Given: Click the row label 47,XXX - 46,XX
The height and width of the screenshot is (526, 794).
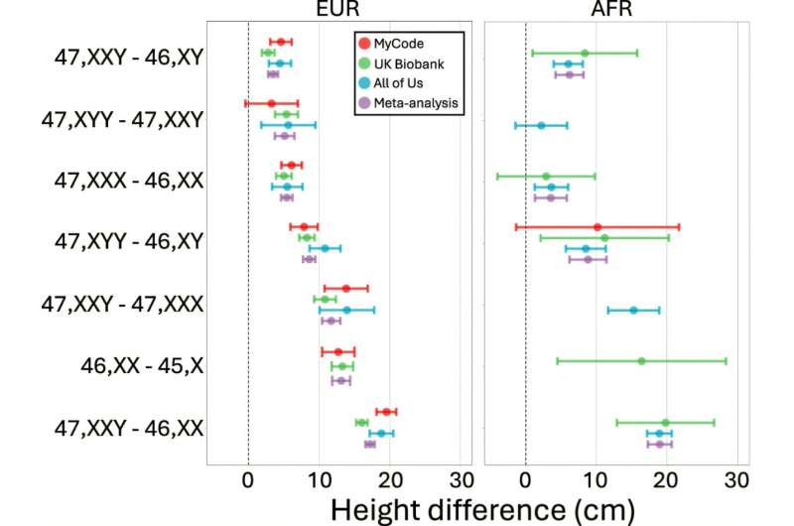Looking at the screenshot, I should pyautogui.click(x=129, y=181).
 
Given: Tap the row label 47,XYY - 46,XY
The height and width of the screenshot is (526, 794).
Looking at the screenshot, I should pyautogui.click(x=129, y=242).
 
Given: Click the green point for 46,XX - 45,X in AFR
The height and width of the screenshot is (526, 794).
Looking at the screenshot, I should pyautogui.click(x=641, y=360).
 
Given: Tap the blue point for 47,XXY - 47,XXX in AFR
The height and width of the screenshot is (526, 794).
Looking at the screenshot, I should pyautogui.click(x=633, y=310).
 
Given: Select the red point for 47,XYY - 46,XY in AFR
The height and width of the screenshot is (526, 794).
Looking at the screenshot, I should pyautogui.click(x=596, y=227).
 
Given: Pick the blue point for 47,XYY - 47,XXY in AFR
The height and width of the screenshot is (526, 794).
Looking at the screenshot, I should pyautogui.click(x=541, y=125).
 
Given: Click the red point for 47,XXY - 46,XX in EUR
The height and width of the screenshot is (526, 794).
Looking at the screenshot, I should pyautogui.click(x=385, y=411).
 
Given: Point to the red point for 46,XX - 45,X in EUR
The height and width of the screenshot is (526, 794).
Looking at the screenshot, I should pyautogui.click(x=337, y=351).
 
